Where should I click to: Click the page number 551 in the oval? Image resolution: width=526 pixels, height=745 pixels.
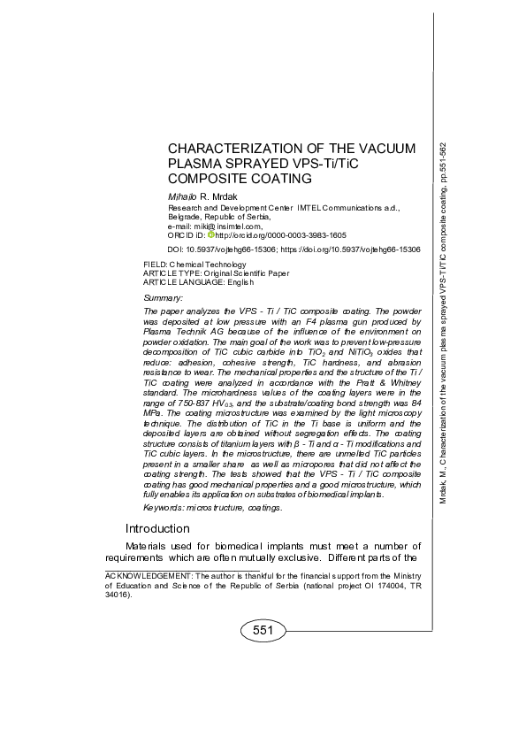[x=263, y=630]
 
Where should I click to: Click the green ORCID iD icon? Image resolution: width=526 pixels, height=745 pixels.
[x=211, y=234]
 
